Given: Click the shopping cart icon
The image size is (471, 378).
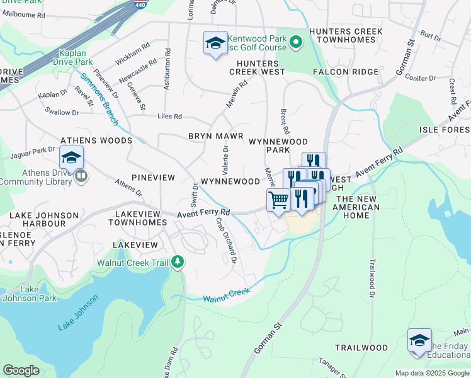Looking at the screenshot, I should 278,201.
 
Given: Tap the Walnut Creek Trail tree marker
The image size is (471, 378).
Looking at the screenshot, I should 178,261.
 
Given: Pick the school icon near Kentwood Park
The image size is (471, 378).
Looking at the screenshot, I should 215,43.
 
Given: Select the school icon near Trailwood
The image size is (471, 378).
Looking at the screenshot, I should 419,340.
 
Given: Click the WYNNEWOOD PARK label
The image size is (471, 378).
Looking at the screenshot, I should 278,146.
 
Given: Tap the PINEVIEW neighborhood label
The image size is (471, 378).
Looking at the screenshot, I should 154,178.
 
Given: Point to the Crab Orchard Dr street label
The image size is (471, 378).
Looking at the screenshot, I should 227,240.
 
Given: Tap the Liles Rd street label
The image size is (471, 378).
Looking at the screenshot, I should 169,117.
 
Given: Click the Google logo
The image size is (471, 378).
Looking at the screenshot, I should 21,370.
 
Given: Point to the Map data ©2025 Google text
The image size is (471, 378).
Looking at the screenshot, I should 431,373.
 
